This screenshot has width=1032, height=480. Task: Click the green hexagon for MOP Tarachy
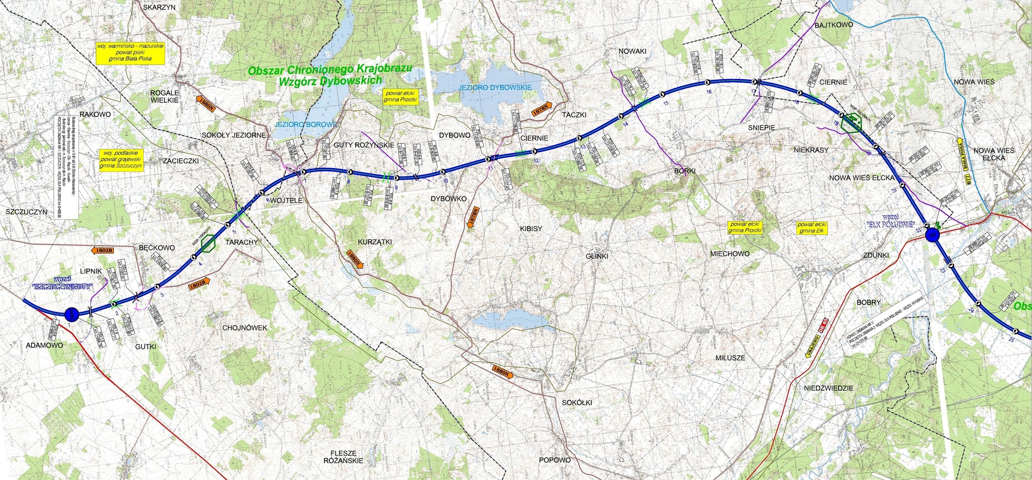pos(209,244)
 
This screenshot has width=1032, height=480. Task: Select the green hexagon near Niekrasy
pos(853,124)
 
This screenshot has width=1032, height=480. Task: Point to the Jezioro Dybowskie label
pos(495,87)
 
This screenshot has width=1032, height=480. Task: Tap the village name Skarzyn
pos(159,8)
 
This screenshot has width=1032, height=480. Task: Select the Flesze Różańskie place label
pos(343,457)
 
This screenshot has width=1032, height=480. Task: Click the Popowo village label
pos(554,460)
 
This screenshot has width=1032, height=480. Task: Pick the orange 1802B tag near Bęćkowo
pos(104,250)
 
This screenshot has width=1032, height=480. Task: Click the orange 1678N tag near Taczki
pos(541,109)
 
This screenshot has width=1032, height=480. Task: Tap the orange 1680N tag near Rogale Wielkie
pos(206,103)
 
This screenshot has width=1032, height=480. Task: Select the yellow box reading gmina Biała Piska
pos(131,53)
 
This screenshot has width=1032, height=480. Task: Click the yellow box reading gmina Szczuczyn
pos(121,159)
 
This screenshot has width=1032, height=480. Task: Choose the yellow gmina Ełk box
pos(811,227)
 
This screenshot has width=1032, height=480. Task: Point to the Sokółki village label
pos(577,402)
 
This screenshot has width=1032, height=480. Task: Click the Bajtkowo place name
pos(833,25)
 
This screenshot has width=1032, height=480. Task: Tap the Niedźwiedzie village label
pos(828,388)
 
